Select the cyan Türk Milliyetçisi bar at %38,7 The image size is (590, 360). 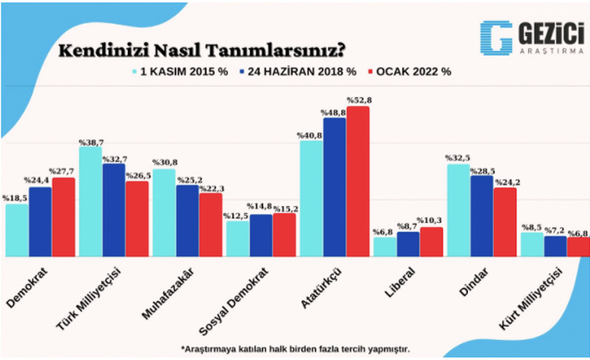pos(90,201)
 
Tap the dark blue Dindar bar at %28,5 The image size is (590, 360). pos(481,215)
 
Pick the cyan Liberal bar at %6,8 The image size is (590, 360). pos(384,247)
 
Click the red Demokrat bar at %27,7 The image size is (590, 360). pos(64,216)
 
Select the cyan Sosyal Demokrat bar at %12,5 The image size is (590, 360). pos(237,238)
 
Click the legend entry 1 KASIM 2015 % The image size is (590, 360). pos(181,72)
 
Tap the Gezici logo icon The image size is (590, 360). pos(496,38)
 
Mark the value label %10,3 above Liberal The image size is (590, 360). pos(431,220)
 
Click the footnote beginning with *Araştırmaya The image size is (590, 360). pos(295,347)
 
